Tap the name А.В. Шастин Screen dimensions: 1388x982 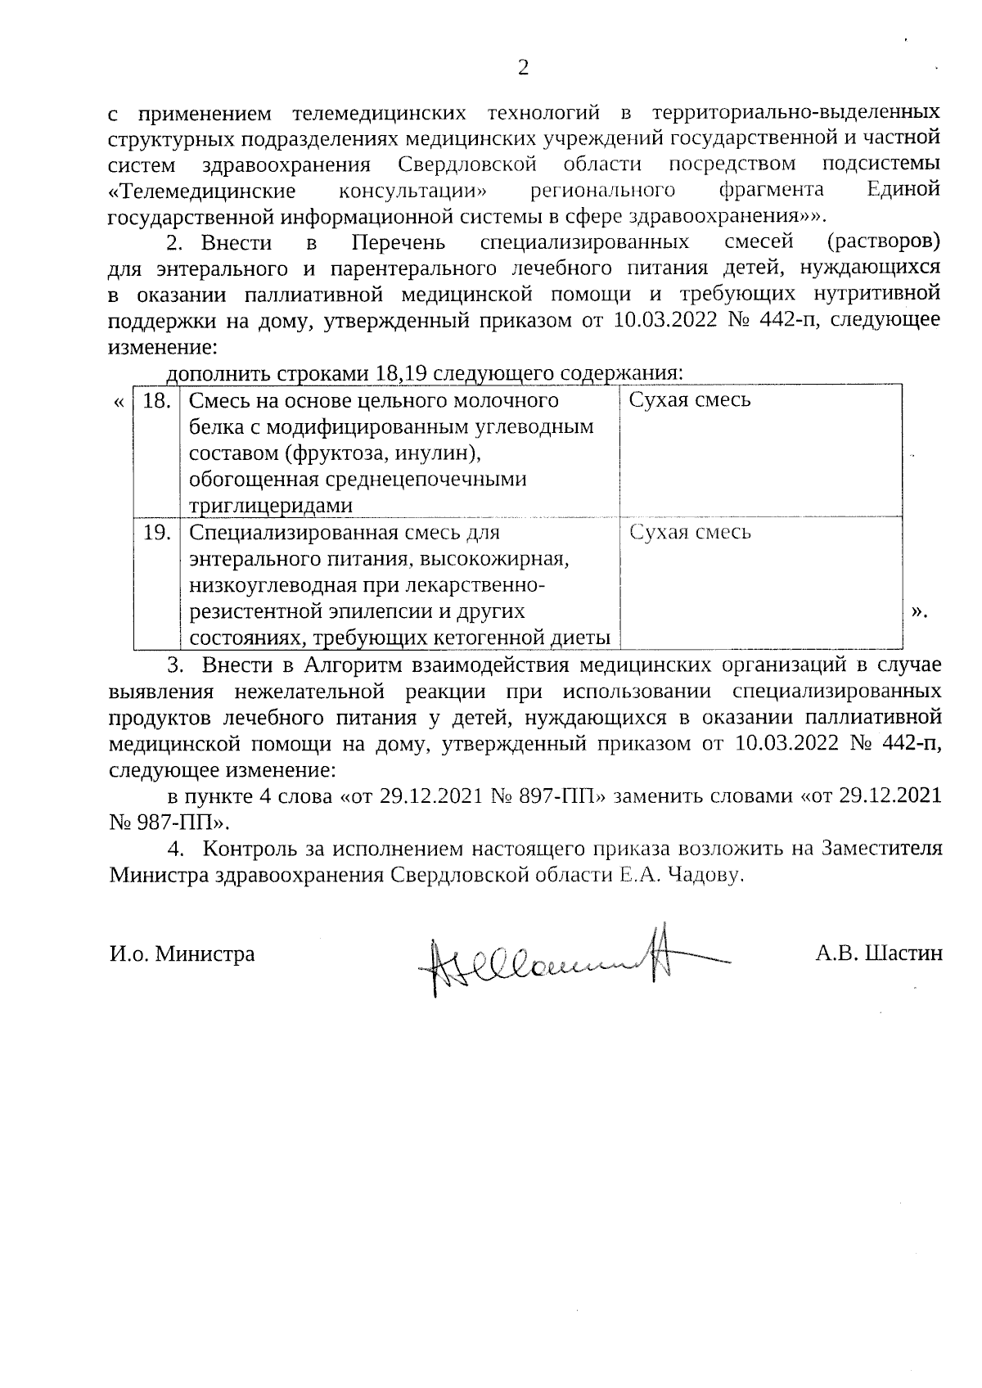click(878, 953)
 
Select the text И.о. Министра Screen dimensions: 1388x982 click(182, 953)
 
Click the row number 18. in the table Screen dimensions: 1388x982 click(156, 400)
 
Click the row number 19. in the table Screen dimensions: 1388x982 click(156, 533)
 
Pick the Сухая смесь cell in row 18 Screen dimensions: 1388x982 click(690, 400)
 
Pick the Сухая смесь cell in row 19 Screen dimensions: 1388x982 click(690, 533)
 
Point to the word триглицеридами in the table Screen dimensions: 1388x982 click(271, 506)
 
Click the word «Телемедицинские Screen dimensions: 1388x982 click(201, 191)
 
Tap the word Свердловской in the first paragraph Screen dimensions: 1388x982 click(466, 164)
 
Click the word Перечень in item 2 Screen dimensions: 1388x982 click(399, 243)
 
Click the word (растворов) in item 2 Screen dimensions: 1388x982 click(883, 243)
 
